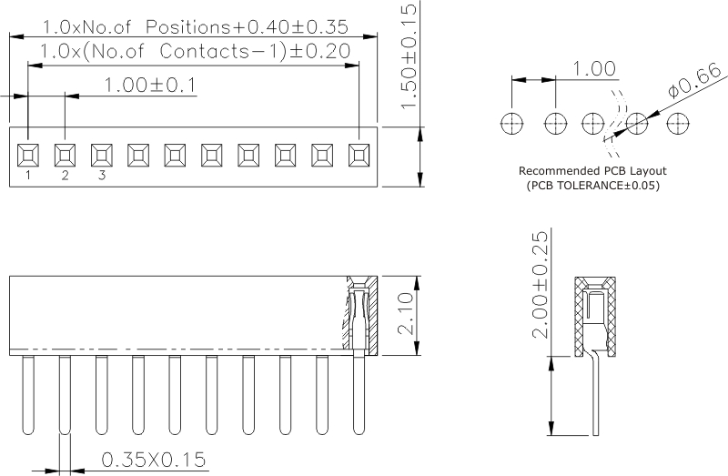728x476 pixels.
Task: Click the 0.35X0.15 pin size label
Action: click(154, 461)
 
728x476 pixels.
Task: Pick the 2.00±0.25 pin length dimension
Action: click(541, 284)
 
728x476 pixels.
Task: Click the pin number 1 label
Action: click(28, 176)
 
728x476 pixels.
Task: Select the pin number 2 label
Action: click(65, 176)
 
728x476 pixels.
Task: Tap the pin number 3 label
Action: click(101, 176)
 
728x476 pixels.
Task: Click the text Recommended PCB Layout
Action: click(592, 171)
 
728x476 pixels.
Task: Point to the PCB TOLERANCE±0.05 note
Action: click(592, 186)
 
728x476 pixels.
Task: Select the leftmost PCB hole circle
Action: click(513, 123)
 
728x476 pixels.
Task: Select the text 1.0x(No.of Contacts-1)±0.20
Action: click(197, 52)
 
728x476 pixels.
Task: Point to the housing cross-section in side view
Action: click(597, 314)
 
